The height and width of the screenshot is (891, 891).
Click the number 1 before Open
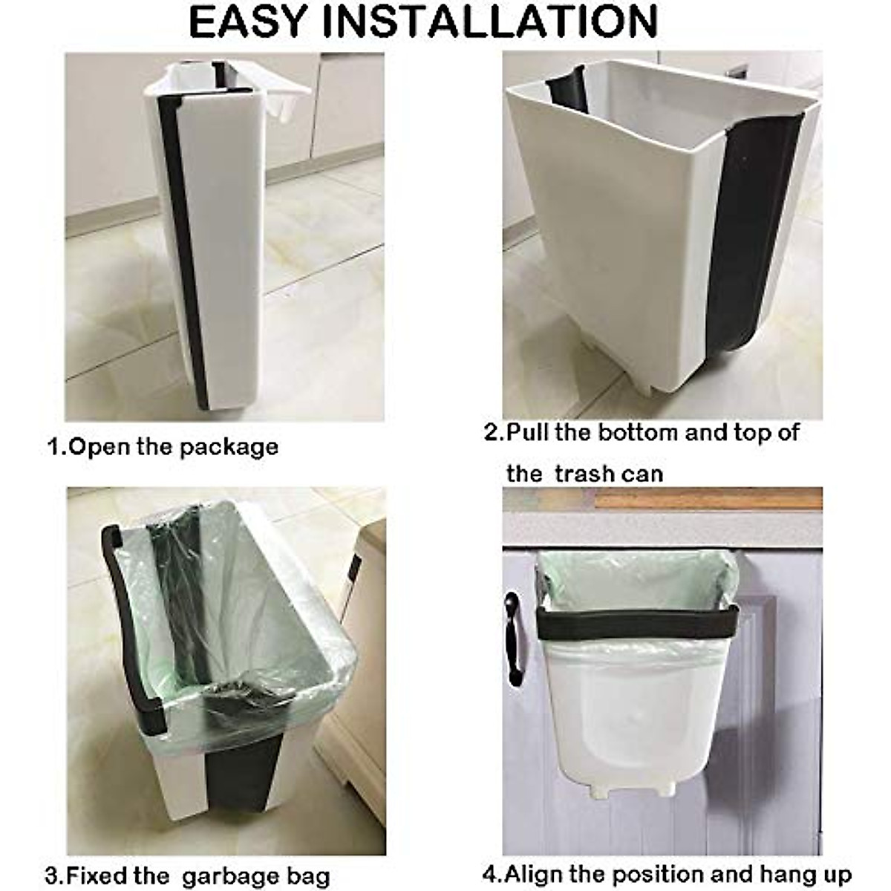coord(54,447)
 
